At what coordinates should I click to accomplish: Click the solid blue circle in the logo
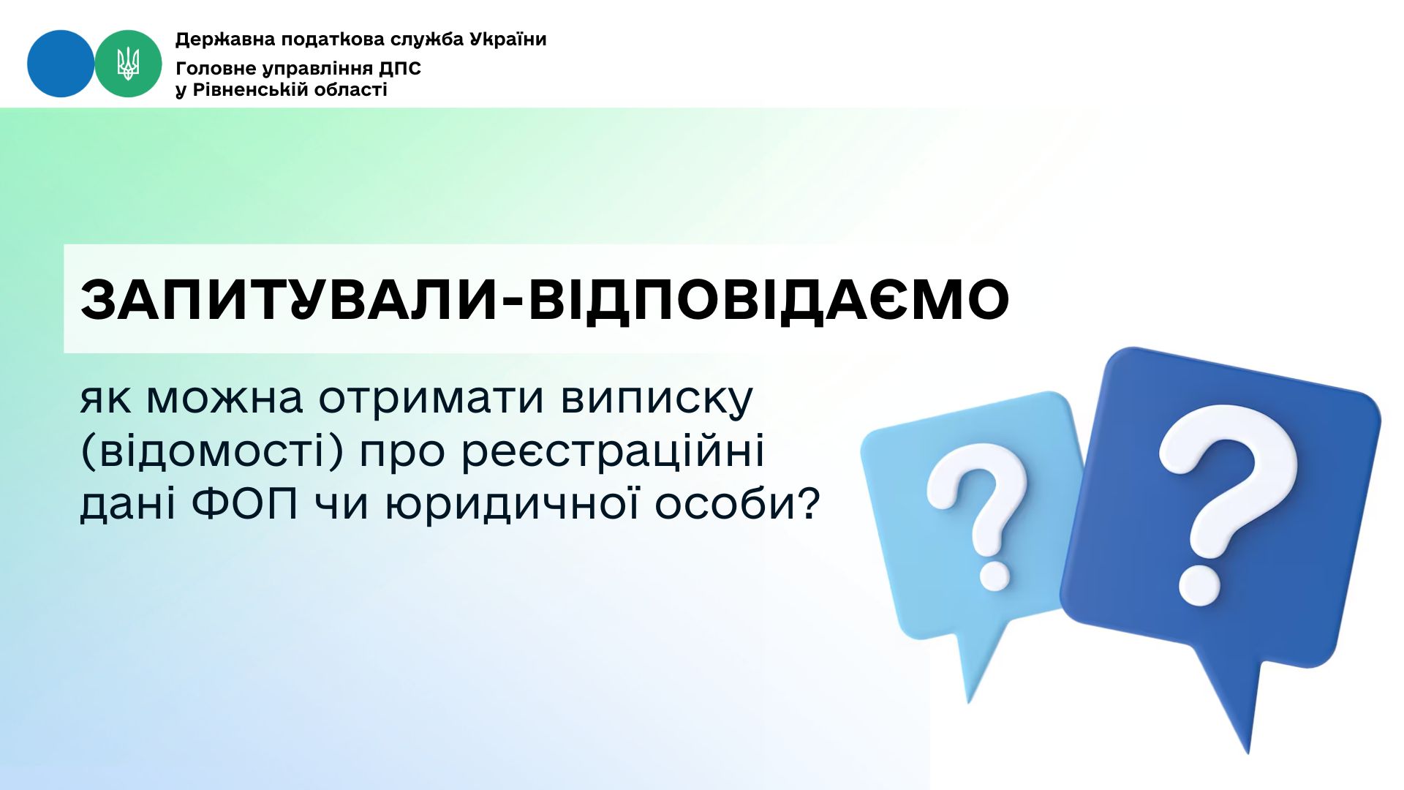pyautogui.click(x=61, y=64)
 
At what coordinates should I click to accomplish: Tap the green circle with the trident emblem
pyautogui.click(x=128, y=64)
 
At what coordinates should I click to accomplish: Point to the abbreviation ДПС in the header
pyautogui.click(x=400, y=69)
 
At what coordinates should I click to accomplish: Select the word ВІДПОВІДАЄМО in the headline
pyautogui.click(x=769, y=300)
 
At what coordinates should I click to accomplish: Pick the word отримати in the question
pyautogui.click(x=431, y=399)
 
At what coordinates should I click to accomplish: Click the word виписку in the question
pyautogui.click(x=657, y=400)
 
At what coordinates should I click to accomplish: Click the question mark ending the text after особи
pyautogui.click(x=806, y=504)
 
